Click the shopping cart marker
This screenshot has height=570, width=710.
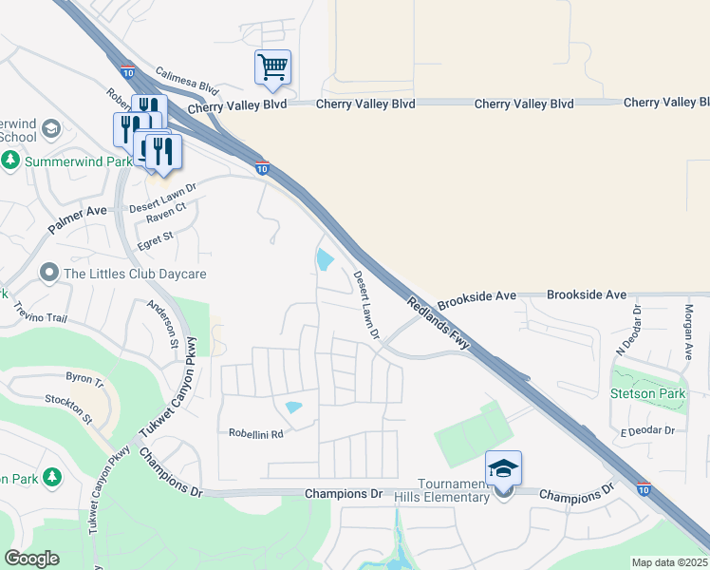pyautogui.click(x=272, y=66)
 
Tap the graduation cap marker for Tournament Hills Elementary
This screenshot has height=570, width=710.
pyautogui.click(x=503, y=468)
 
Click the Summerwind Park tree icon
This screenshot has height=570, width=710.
pyautogui.click(x=11, y=161)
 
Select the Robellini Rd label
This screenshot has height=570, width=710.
pyautogui.click(x=256, y=433)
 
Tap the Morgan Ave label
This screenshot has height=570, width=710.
pyautogui.click(x=690, y=332)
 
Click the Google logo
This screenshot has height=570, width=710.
pyautogui.click(x=31, y=559)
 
